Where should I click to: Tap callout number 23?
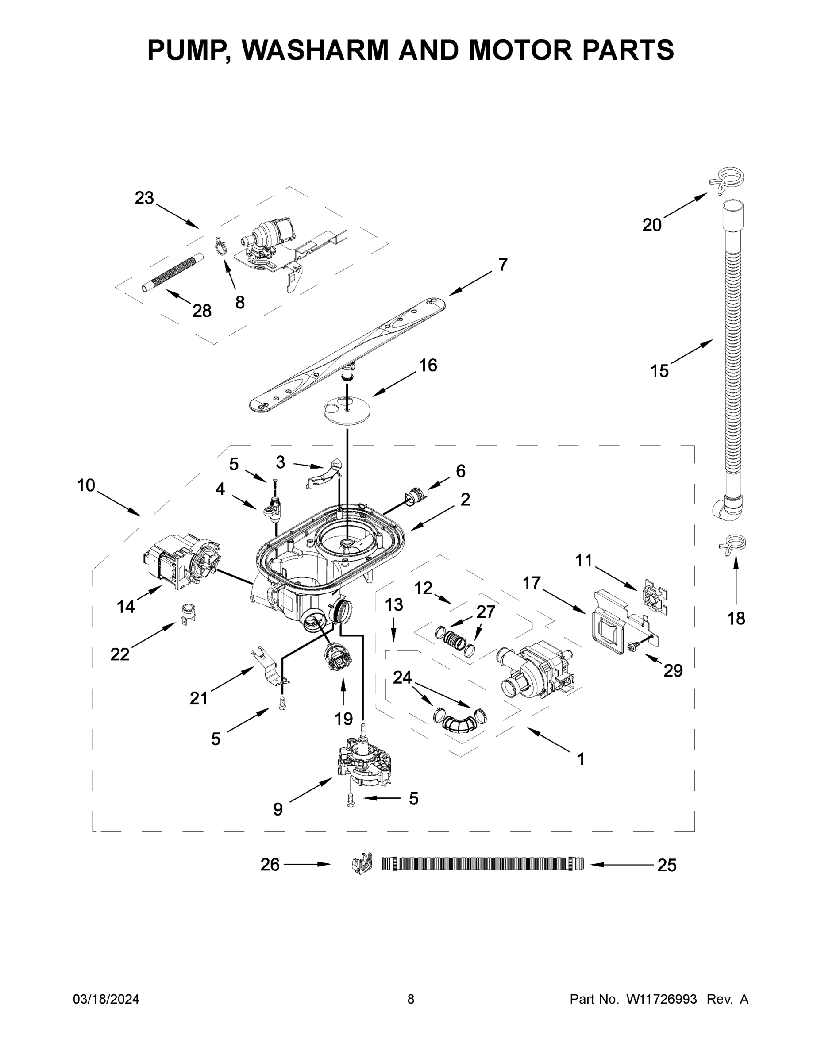(x=144, y=198)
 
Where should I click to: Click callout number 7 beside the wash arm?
(x=503, y=265)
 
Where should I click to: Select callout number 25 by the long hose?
(x=667, y=865)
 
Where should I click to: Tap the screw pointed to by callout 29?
(x=634, y=646)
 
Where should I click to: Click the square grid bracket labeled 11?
(x=655, y=596)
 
